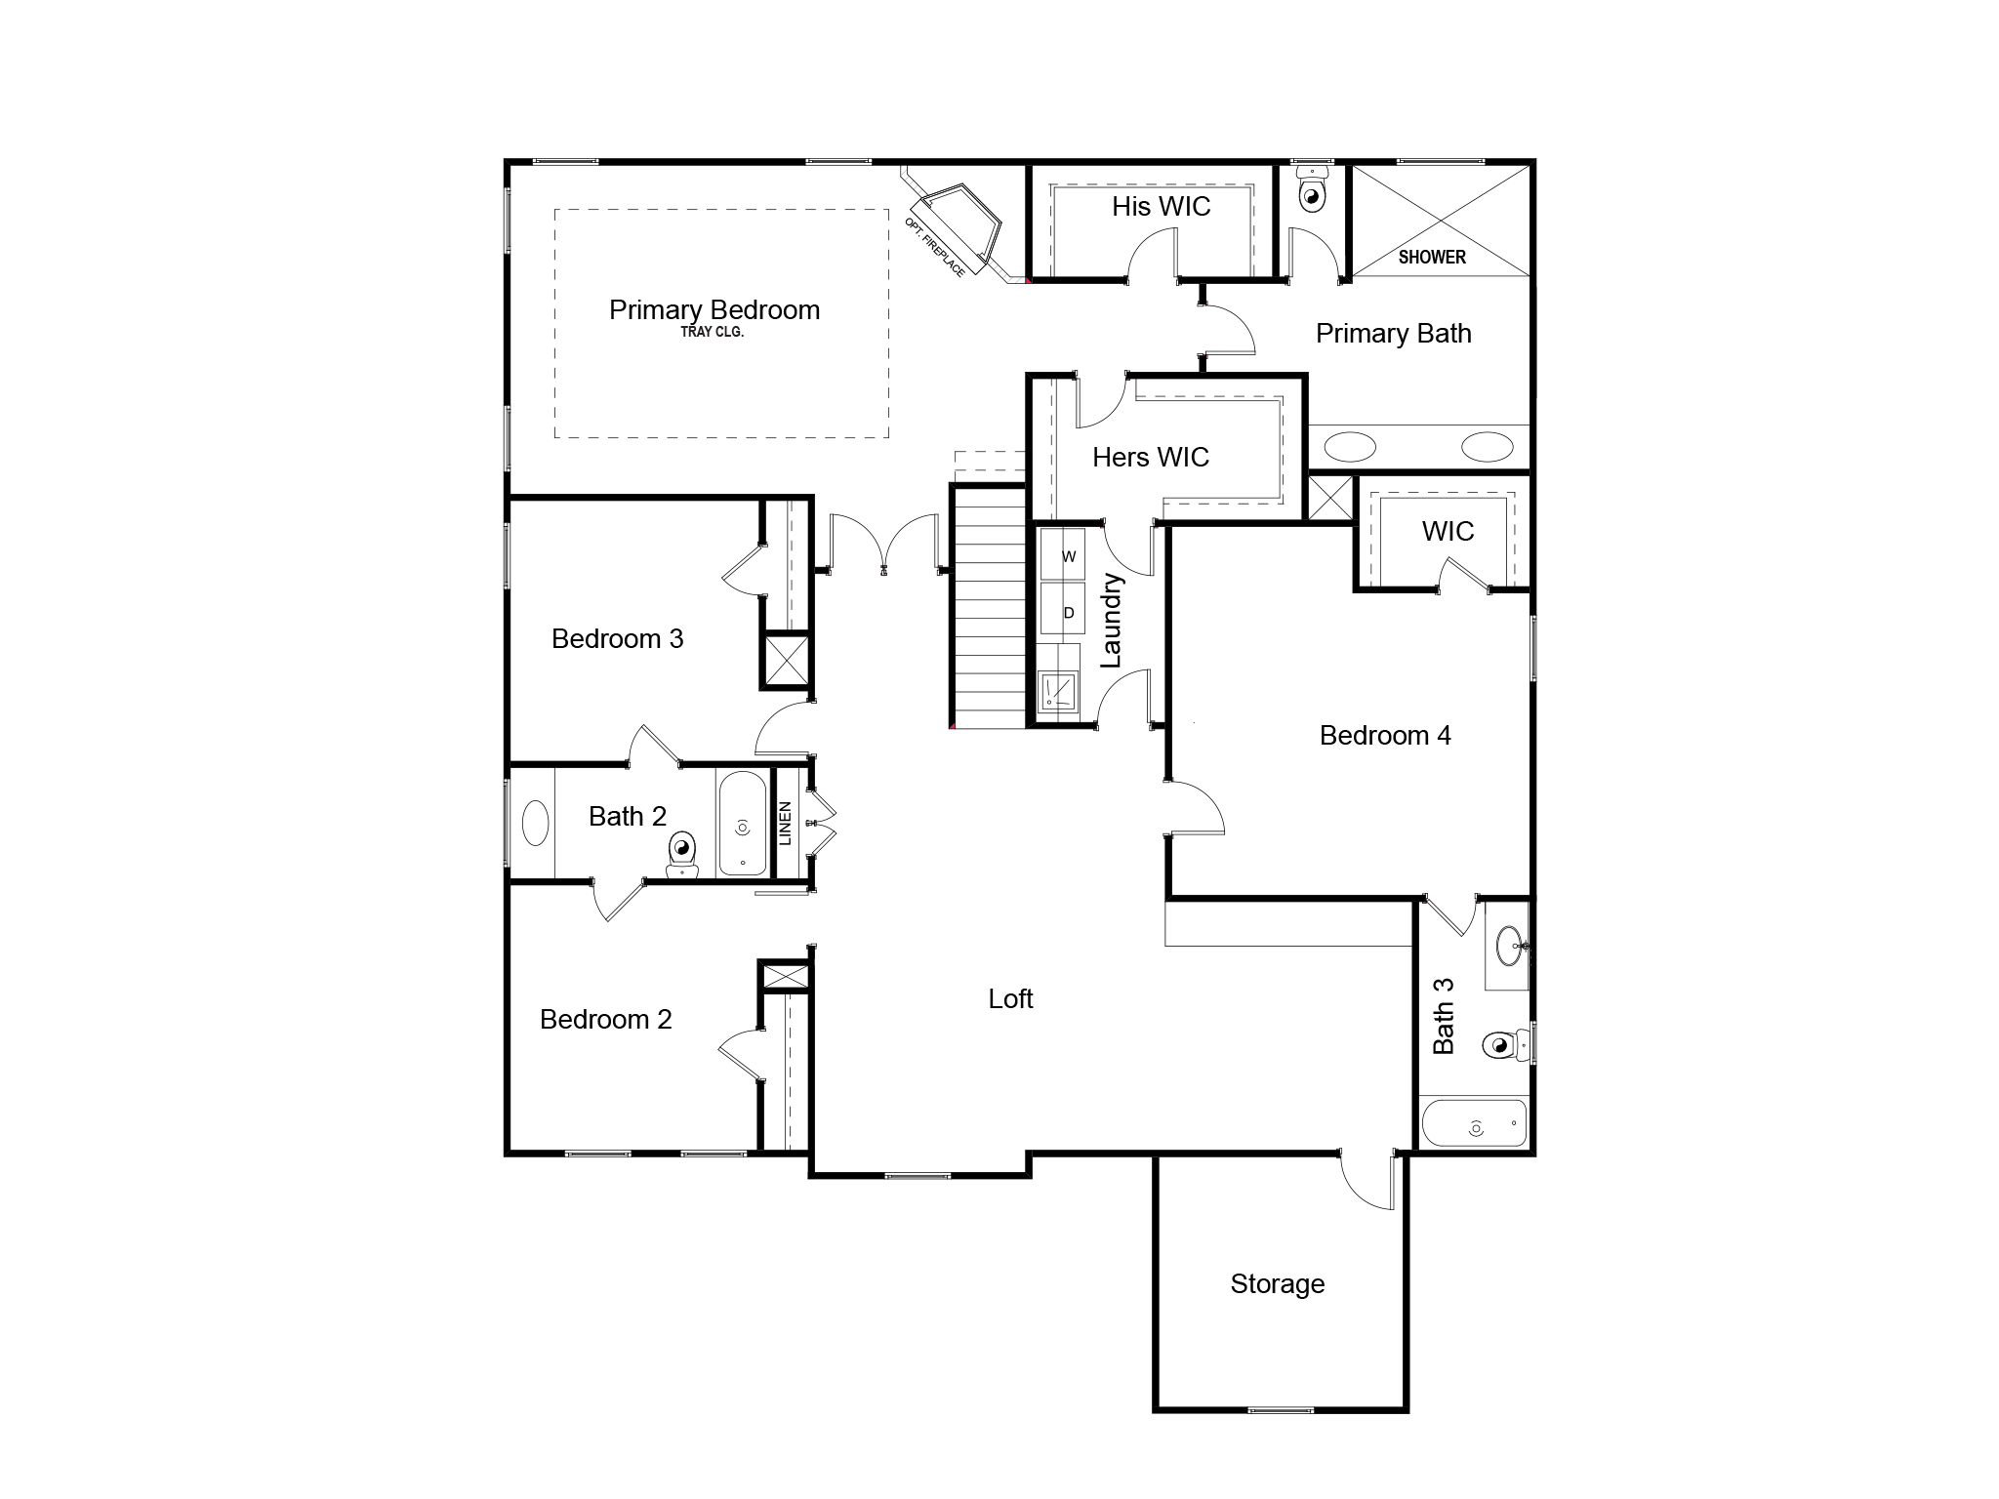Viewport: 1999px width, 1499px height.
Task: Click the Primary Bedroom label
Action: pos(714,310)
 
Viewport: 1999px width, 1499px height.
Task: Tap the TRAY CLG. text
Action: pos(713,333)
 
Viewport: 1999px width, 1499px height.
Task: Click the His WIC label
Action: pos(1161,207)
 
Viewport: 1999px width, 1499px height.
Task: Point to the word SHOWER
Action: pos(1432,258)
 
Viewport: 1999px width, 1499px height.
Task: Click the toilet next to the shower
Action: pos(1313,193)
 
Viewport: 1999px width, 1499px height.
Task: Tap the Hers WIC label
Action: pos(1150,458)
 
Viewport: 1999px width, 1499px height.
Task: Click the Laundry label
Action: pos(1112,621)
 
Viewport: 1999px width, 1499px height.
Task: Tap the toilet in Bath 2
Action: pos(682,855)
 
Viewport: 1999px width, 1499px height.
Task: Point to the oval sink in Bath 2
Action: pos(536,823)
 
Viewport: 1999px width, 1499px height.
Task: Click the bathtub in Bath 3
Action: pos(1474,1123)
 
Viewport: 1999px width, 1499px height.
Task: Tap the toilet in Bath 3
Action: pos(1501,1045)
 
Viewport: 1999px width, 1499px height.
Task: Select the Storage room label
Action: pos(1277,1284)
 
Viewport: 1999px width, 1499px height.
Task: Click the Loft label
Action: pos(1010,999)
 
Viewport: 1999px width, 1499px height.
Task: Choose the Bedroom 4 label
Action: pos(1384,736)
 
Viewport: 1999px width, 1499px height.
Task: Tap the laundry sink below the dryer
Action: pos(1058,692)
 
